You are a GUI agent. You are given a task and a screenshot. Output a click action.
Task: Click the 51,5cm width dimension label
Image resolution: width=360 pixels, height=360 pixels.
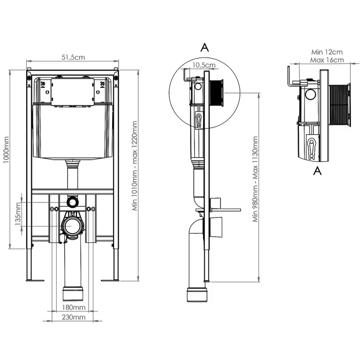[73, 58]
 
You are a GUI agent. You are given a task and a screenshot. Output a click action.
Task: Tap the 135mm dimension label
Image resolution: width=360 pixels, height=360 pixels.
[18, 214]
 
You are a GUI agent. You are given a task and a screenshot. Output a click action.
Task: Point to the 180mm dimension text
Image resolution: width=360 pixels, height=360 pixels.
[73, 308]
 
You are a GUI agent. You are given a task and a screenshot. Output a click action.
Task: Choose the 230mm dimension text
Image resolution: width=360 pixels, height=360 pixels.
[73, 317]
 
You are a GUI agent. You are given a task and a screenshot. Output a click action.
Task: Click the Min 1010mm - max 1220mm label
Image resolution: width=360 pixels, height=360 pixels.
[135, 166]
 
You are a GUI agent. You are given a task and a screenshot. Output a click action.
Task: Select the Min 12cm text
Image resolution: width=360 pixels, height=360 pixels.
[327, 52]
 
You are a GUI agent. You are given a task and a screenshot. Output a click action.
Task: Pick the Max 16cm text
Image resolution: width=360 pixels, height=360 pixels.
[327, 60]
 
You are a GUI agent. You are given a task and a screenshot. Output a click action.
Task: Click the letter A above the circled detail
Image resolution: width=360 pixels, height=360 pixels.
[204, 47]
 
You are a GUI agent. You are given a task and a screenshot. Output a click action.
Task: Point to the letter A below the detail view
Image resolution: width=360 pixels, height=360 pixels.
[318, 171]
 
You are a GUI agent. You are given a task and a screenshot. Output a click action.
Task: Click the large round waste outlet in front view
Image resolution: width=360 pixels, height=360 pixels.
[73, 226]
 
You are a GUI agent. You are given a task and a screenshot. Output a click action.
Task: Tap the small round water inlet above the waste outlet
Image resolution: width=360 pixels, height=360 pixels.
[73, 202]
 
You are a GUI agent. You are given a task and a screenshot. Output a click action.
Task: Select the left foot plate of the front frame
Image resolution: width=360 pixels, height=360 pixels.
[34, 280]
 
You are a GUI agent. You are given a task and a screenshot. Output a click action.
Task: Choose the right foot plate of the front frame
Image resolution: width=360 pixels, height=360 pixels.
[110, 280]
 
